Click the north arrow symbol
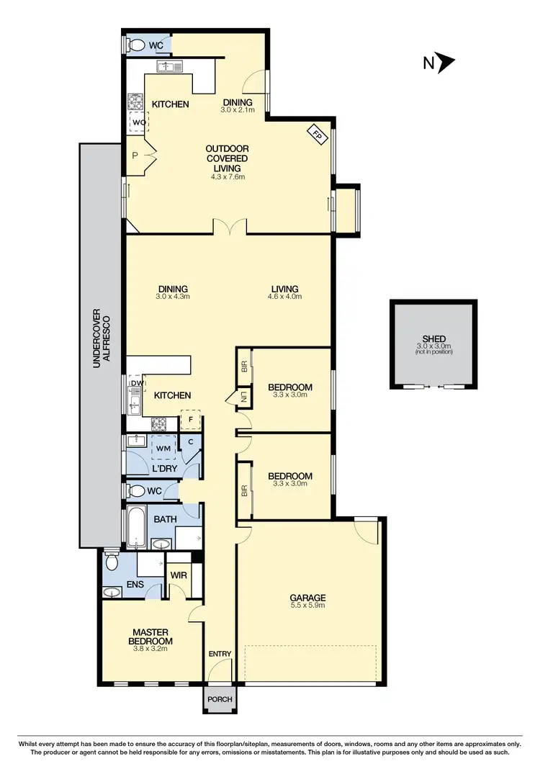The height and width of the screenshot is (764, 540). (446, 63)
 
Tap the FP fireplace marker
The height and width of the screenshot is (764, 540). (317, 133)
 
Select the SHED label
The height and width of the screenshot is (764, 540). (434, 338)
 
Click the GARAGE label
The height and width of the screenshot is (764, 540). (307, 598)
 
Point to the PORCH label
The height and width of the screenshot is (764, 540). (218, 698)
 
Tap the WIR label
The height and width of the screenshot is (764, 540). (178, 576)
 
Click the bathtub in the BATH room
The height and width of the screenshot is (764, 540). (137, 528)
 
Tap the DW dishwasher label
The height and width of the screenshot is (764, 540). (136, 385)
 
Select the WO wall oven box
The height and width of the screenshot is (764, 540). (138, 122)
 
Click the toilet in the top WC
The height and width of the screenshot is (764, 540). (135, 45)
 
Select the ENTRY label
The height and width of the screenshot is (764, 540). (220, 654)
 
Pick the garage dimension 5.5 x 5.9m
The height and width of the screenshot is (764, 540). (307, 606)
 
